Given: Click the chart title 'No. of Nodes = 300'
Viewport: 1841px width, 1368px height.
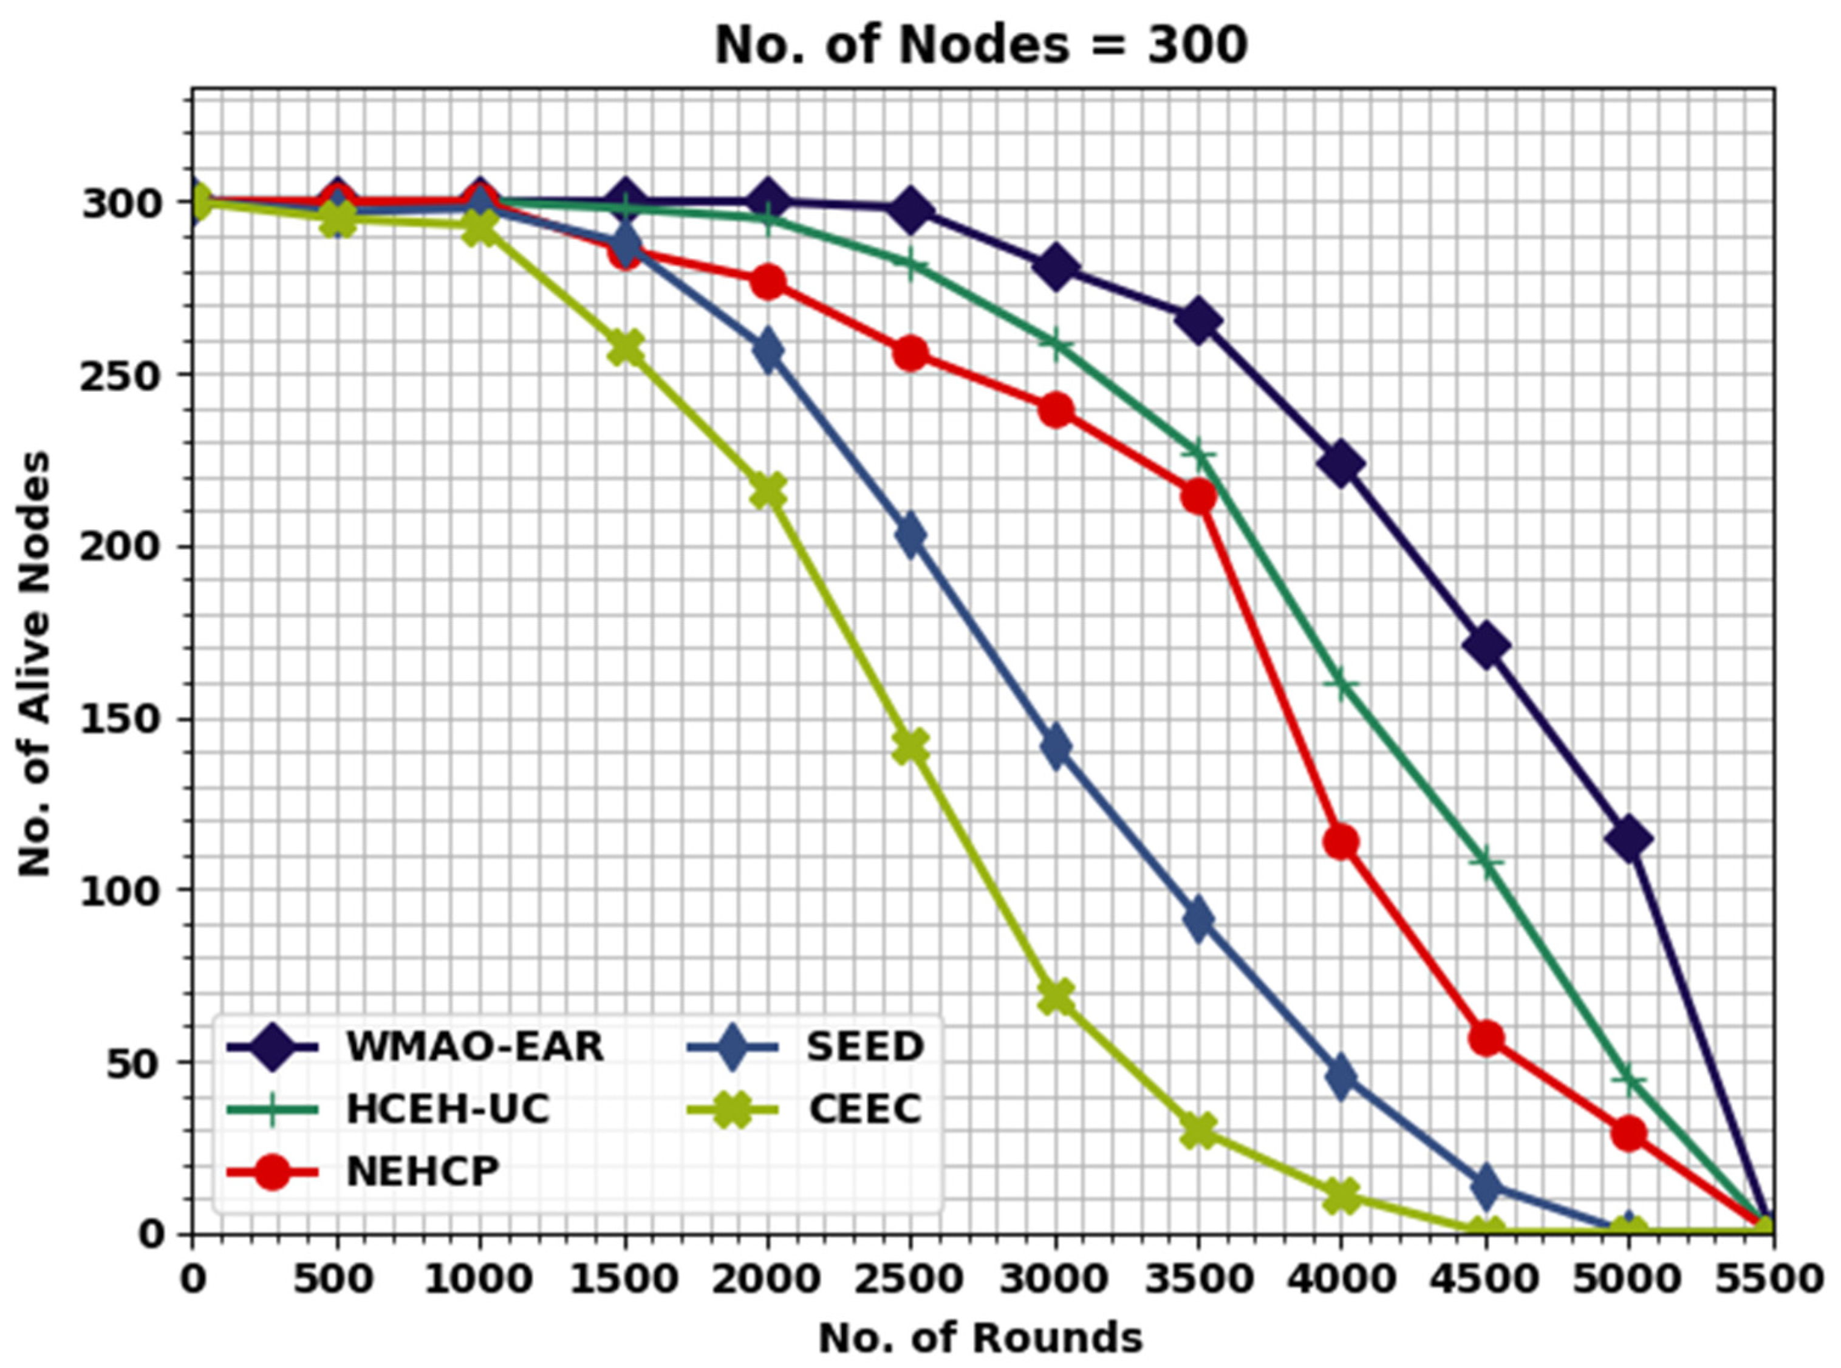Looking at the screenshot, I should [981, 46].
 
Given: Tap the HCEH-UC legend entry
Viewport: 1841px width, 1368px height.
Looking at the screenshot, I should [447, 1109].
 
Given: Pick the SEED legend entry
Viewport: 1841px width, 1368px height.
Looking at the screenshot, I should [865, 1047].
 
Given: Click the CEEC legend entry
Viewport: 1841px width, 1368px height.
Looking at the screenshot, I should [865, 1109].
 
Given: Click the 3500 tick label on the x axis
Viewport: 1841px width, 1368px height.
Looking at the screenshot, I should [1198, 1279].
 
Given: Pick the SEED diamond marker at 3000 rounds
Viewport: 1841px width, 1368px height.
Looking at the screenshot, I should [1054, 747].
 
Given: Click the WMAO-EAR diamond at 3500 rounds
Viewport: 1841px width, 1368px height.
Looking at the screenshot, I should [1198, 321].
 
